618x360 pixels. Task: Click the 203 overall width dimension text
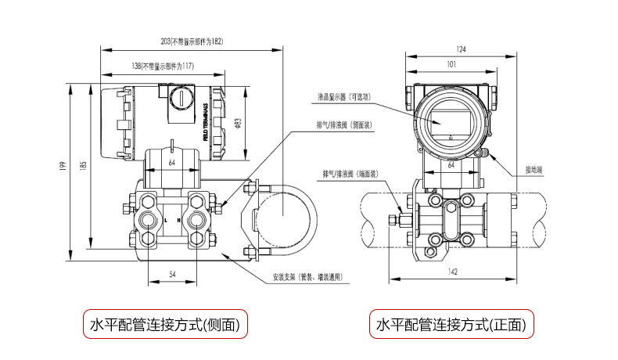(x=192, y=41)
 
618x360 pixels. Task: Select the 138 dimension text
(x=151, y=67)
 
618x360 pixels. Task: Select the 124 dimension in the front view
(x=461, y=49)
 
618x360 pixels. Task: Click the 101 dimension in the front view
(x=451, y=65)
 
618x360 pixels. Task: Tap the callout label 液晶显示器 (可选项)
(x=343, y=97)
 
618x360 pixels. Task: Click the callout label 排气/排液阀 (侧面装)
(x=337, y=124)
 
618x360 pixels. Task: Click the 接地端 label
(x=536, y=168)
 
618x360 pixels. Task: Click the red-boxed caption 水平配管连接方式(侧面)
(x=166, y=324)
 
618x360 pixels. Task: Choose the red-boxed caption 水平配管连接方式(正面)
(x=452, y=324)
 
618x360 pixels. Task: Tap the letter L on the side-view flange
(x=166, y=221)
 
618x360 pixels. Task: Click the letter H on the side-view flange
(x=179, y=221)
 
